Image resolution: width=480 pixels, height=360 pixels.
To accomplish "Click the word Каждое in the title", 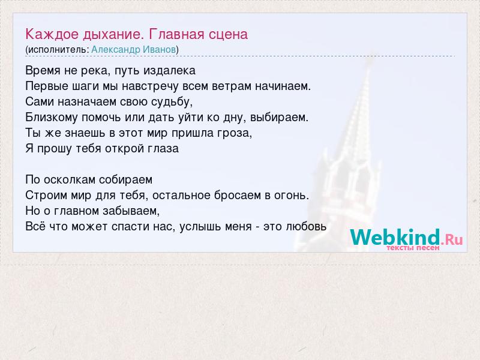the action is tap(52, 35).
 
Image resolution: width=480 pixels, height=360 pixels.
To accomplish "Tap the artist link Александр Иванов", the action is tap(134, 50).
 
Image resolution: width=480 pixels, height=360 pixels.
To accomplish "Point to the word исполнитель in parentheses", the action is tap(57, 50).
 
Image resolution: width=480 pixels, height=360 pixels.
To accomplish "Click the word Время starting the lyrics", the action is tap(43, 71).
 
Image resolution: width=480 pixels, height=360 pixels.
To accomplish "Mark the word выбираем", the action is tap(279, 117).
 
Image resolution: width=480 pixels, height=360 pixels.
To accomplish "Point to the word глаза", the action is tap(163, 149).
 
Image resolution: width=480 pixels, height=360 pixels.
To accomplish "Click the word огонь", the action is tap(292, 196).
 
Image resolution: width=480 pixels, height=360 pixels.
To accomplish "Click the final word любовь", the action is tap(306, 227).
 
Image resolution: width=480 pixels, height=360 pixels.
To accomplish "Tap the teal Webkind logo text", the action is tap(395, 237).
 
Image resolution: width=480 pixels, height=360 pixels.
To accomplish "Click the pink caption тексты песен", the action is tap(413, 248).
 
